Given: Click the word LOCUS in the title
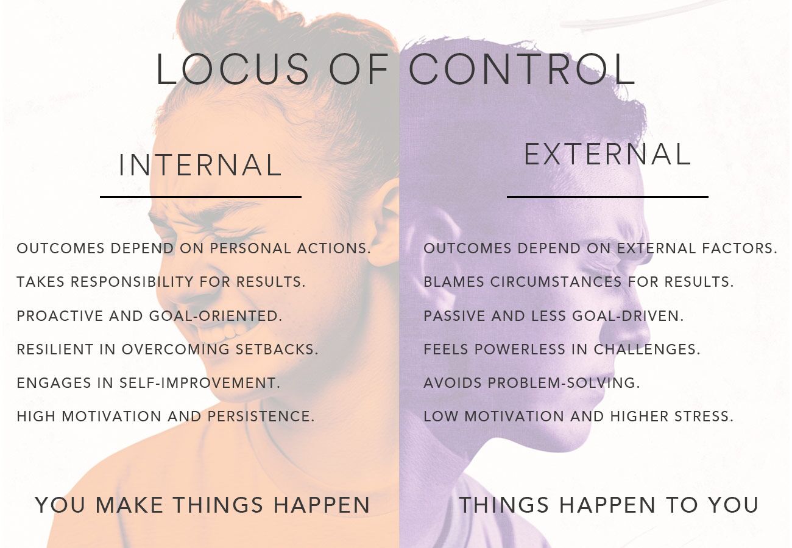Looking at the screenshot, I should pos(233,69).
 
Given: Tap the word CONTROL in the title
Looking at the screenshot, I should pos(522,69).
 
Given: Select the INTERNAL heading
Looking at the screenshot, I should pos(200,165).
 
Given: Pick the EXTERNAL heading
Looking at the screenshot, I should pos(607,154).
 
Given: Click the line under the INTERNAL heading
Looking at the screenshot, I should pos(200,197).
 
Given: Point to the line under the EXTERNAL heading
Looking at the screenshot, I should pos(607,197).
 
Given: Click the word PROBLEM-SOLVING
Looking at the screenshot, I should pos(571,383).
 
